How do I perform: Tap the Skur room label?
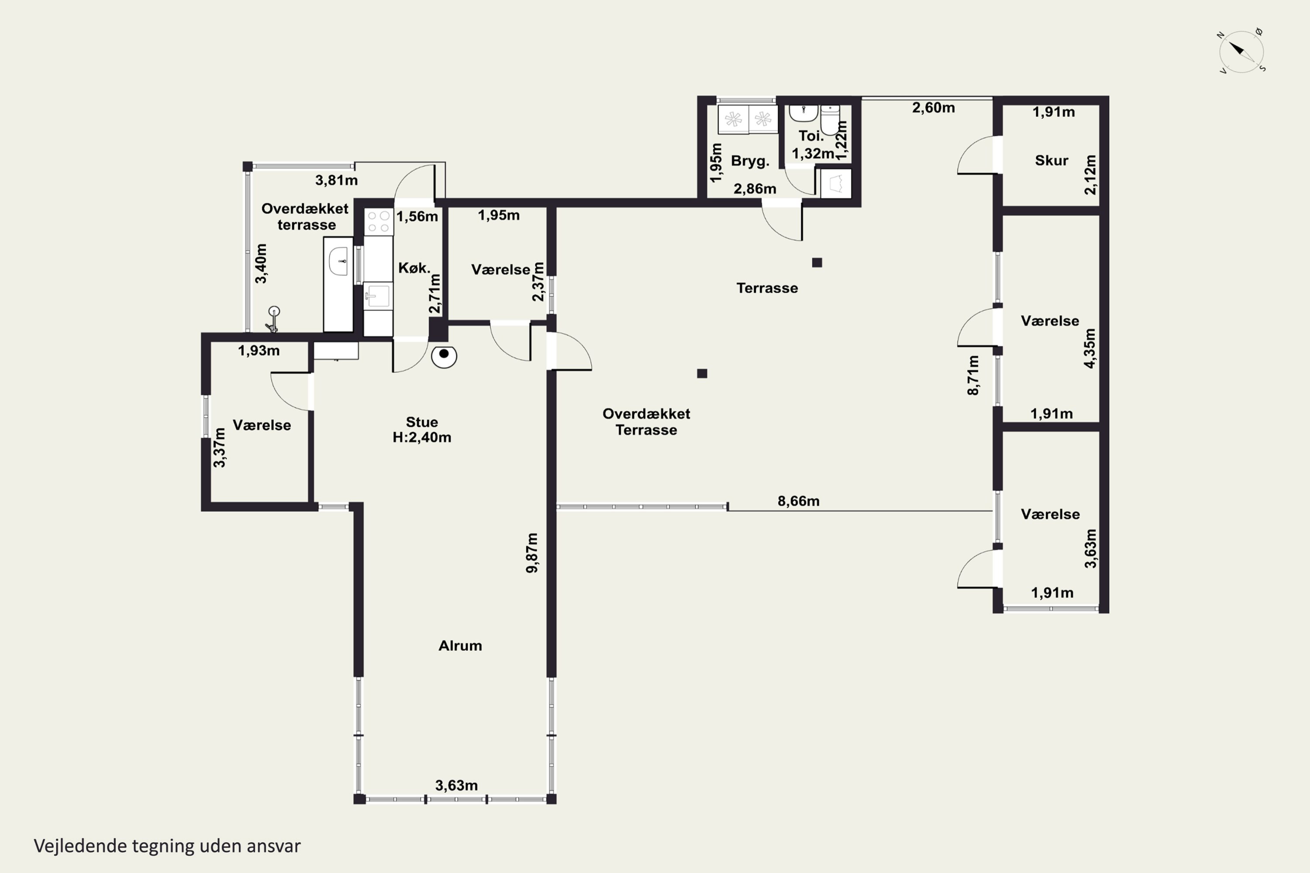tap(1051, 160)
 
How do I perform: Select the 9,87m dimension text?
tap(532, 553)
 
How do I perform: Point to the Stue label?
tap(422, 422)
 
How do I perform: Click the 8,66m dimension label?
tap(798, 501)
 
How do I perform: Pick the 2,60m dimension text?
tap(934, 107)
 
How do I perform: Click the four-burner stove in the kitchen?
tap(378, 221)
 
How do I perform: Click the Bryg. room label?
tap(750, 161)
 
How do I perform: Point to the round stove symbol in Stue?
tap(444, 356)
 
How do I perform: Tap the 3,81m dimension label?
tap(336, 180)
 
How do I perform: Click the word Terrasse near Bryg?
tap(767, 288)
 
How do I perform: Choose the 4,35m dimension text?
tap(1089, 348)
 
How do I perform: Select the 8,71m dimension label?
tap(972, 375)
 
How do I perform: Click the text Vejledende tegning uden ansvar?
tap(167, 846)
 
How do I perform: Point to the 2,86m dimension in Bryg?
tap(755, 189)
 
